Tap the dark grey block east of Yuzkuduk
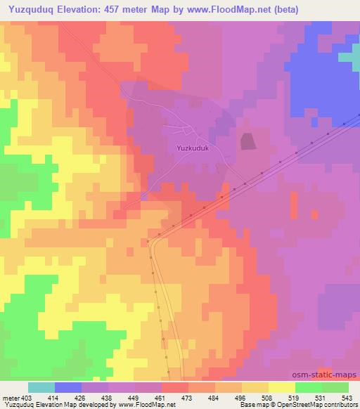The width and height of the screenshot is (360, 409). [x=247, y=141]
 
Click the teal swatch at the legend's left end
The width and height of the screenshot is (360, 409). [x=41, y=387]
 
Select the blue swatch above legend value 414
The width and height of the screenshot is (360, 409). [x=68, y=387]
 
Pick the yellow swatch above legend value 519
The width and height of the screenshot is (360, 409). [x=282, y=387]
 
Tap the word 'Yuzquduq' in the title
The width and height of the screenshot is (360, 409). [x=33, y=10]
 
